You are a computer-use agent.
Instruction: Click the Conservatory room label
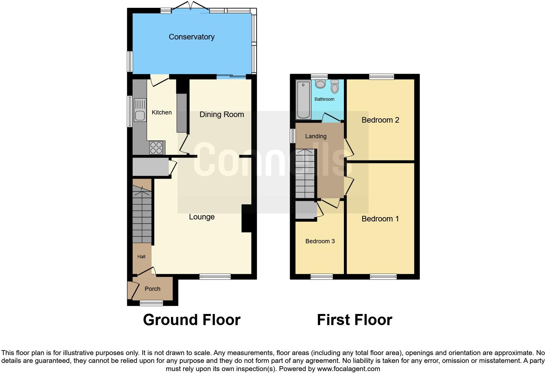coord(191,37)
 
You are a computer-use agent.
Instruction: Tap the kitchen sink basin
coord(140,116)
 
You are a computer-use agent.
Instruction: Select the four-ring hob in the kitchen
coord(156,147)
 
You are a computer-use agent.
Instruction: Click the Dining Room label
coord(222,114)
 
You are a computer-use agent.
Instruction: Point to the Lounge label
coord(202,217)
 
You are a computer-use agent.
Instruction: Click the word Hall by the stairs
coord(141,257)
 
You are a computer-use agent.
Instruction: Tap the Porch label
coord(153,289)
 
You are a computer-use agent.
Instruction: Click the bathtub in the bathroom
coord(303,100)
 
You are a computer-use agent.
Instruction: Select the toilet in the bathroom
coord(335,87)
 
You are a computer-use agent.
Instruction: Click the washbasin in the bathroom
coord(320,84)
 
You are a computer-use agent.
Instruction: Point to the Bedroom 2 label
coord(380,120)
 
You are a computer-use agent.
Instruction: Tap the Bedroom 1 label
coord(380,219)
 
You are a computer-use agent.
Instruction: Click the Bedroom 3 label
coord(320,241)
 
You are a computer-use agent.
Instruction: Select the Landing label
coord(316,136)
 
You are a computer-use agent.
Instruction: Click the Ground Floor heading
coord(192,320)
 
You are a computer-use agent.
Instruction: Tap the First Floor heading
coord(354,320)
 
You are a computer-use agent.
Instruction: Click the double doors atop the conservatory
coord(192,7)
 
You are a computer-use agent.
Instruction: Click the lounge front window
coord(215,277)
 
